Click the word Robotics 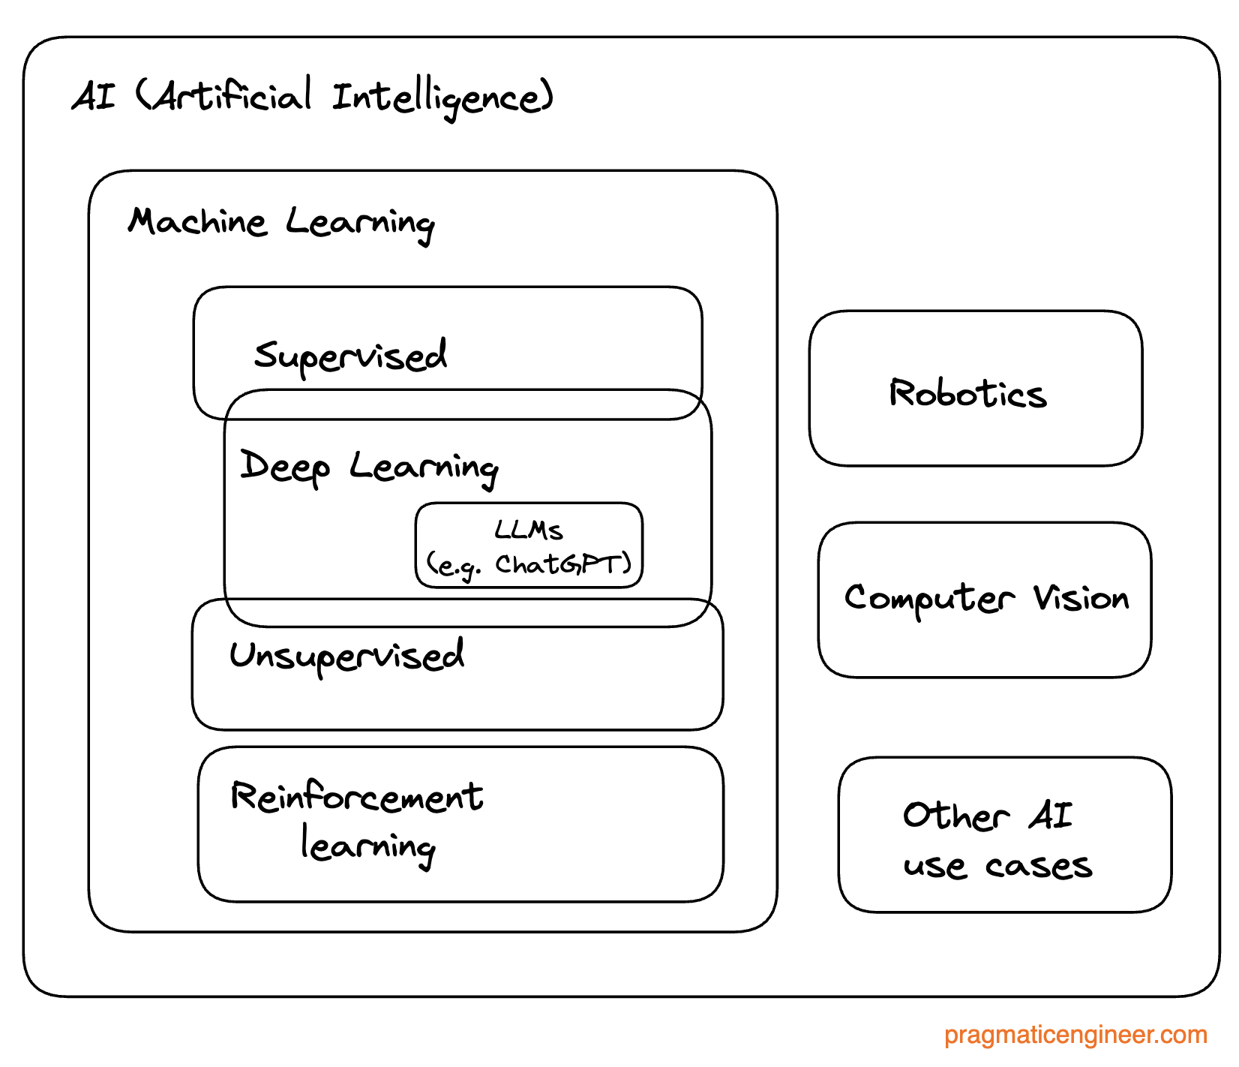967,393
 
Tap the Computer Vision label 985,599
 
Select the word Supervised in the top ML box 350,356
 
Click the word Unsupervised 346,656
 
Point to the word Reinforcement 357,797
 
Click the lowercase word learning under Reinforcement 367,846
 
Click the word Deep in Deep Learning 285,467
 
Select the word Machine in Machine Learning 197,222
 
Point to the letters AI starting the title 94,97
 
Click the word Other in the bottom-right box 955,816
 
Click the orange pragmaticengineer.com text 1075,1035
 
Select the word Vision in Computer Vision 1081,598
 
